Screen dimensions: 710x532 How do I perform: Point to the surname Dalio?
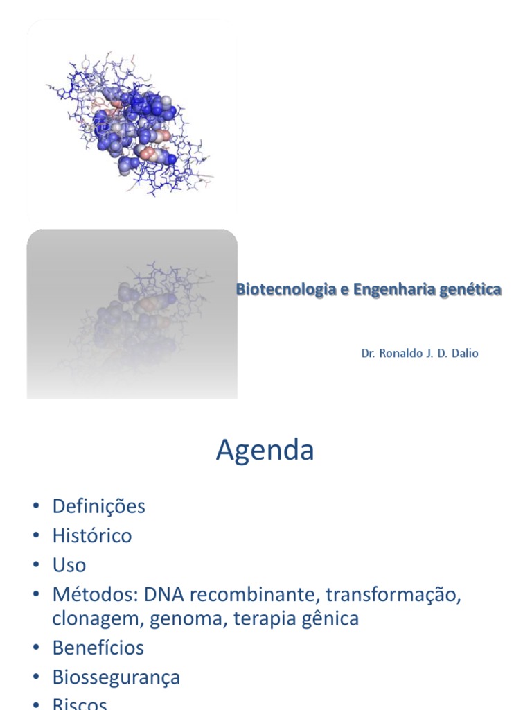pyautogui.click(x=463, y=354)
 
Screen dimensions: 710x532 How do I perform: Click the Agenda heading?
pyautogui.click(x=265, y=451)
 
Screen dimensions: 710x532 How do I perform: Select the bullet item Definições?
pyautogui.click(x=98, y=507)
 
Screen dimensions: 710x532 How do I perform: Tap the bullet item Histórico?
pyautogui.click(x=91, y=536)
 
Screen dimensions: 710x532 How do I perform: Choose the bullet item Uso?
pyautogui.click(x=69, y=565)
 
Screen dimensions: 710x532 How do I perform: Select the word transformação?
pyautogui.click(x=393, y=595)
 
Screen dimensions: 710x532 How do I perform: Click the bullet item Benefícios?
pyautogui.click(x=98, y=648)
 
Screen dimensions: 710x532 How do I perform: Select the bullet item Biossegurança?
pyautogui.click(x=116, y=677)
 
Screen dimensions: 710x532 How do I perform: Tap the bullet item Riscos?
pyautogui.click(x=80, y=704)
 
